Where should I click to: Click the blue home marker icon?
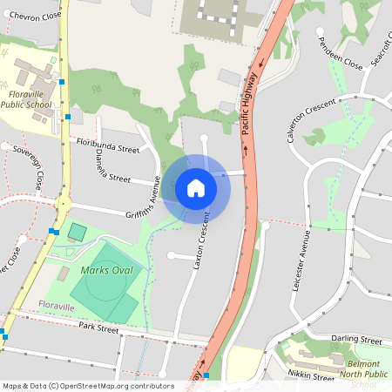[x=196, y=188]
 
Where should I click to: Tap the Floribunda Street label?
[x=108, y=145]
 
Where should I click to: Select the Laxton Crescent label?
[x=203, y=240]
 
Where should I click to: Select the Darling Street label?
[x=356, y=339]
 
